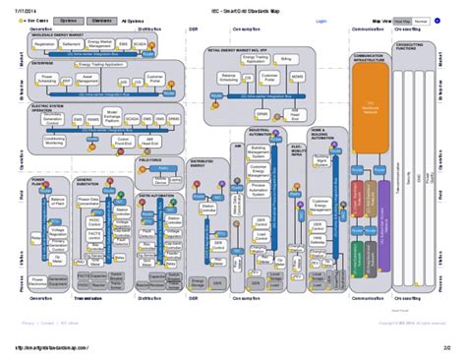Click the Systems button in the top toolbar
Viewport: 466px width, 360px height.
click(x=68, y=20)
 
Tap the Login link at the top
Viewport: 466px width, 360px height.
click(x=320, y=20)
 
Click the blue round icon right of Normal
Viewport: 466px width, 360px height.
click(x=439, y=20)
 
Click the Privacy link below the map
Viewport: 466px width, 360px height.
click(x=28, y=321)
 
